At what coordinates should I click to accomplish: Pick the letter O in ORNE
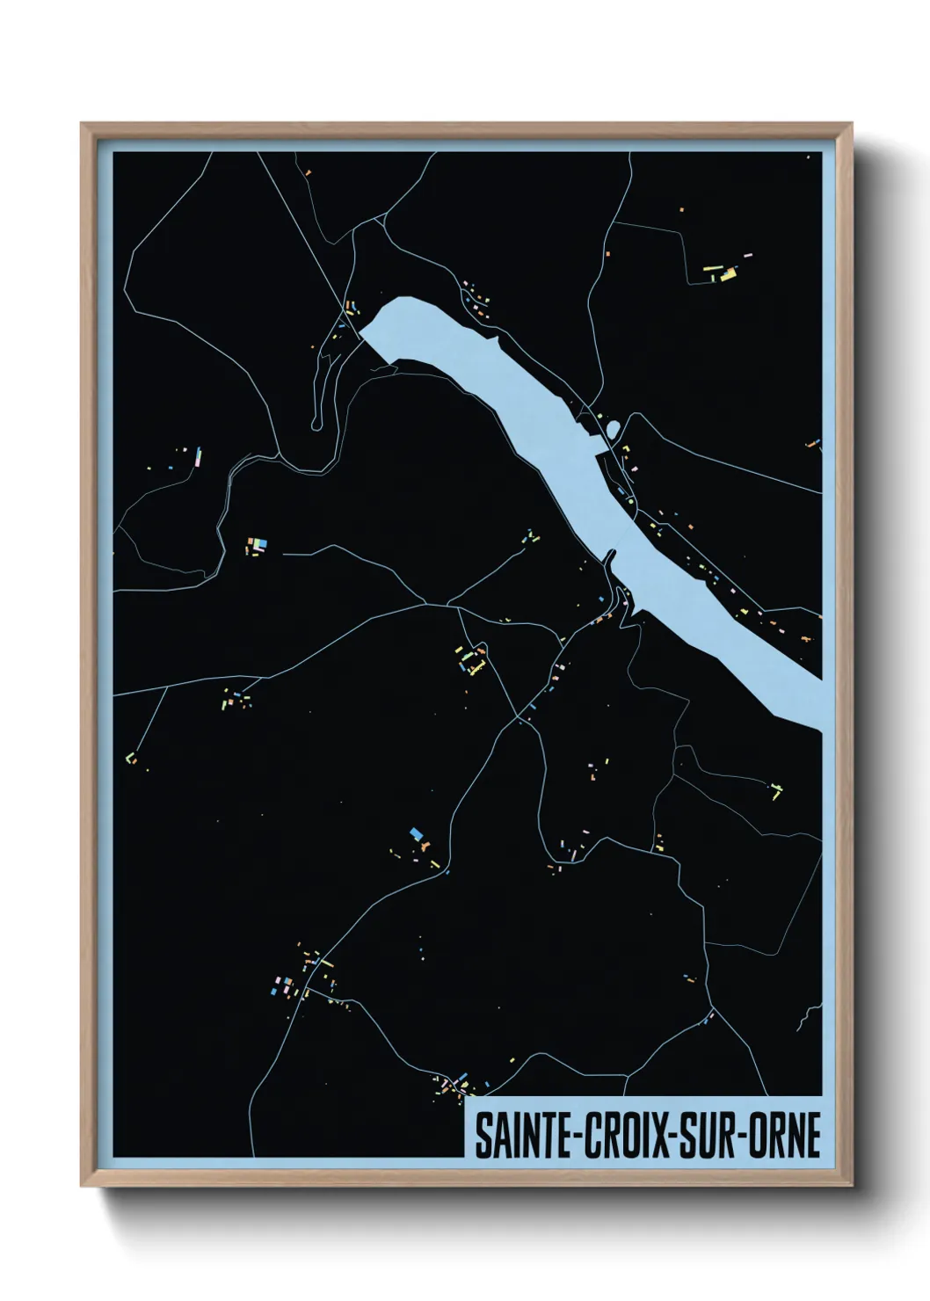pos(758,1135)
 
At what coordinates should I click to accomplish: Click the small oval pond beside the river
pos(613,429)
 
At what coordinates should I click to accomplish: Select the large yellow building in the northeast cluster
pos(728,275)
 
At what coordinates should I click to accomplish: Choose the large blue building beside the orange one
pos(416,832)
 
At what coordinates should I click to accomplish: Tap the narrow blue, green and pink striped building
pos(199,456)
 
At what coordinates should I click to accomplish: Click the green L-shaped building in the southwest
pos(131,758)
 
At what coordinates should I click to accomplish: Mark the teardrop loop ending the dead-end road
pos(316,425)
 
